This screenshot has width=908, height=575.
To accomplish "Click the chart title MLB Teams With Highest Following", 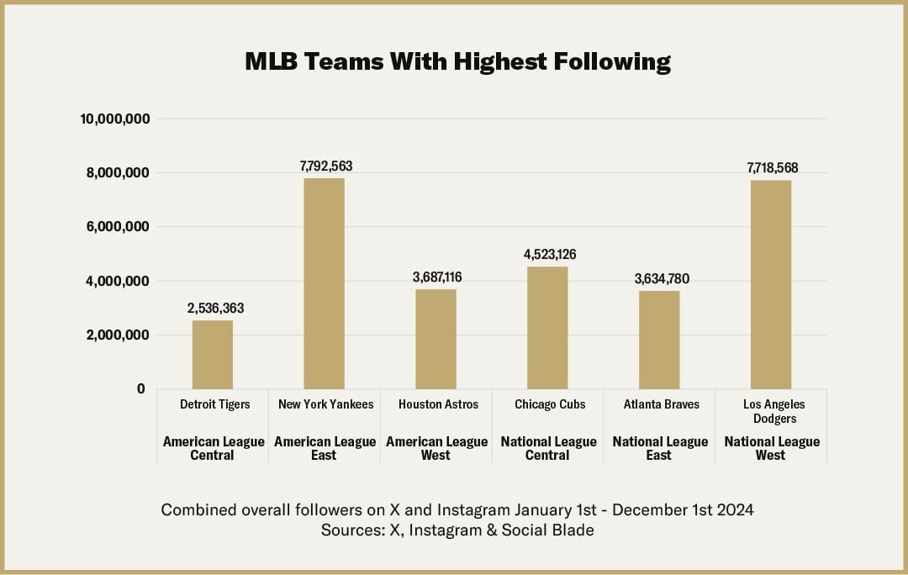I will click(x=457, y=61).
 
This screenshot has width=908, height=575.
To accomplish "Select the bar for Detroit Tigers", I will click(x=213, y=354).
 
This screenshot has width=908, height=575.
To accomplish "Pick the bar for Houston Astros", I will click(x=436, y=339).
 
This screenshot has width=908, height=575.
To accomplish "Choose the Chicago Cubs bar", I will click(x=547, y=328).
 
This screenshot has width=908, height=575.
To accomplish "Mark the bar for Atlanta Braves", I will click(x=659, y=340).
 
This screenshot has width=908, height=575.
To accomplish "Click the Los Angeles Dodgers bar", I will click(x=771, y=284).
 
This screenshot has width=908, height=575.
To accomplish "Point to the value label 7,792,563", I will click(x=326, y=166).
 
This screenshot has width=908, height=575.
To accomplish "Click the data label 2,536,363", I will click(x=215, y=309).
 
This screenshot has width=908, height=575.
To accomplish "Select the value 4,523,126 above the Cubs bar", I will click(x=550, y=254).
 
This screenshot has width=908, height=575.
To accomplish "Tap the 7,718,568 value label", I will click(x=773, y=168).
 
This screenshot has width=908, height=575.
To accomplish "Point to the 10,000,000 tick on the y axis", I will click(x=115, y=119).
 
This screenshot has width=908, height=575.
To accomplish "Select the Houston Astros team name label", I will click(x=438, y=404).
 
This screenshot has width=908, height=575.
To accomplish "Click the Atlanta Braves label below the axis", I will click(x=662, y=404).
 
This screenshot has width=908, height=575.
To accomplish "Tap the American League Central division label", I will click(x=214, y=448).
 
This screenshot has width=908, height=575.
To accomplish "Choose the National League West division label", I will click(x=772, y=448).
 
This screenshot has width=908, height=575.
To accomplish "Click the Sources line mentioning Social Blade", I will click(x=457, y=530).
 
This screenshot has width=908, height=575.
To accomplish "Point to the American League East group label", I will click(x=325, y=448).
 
